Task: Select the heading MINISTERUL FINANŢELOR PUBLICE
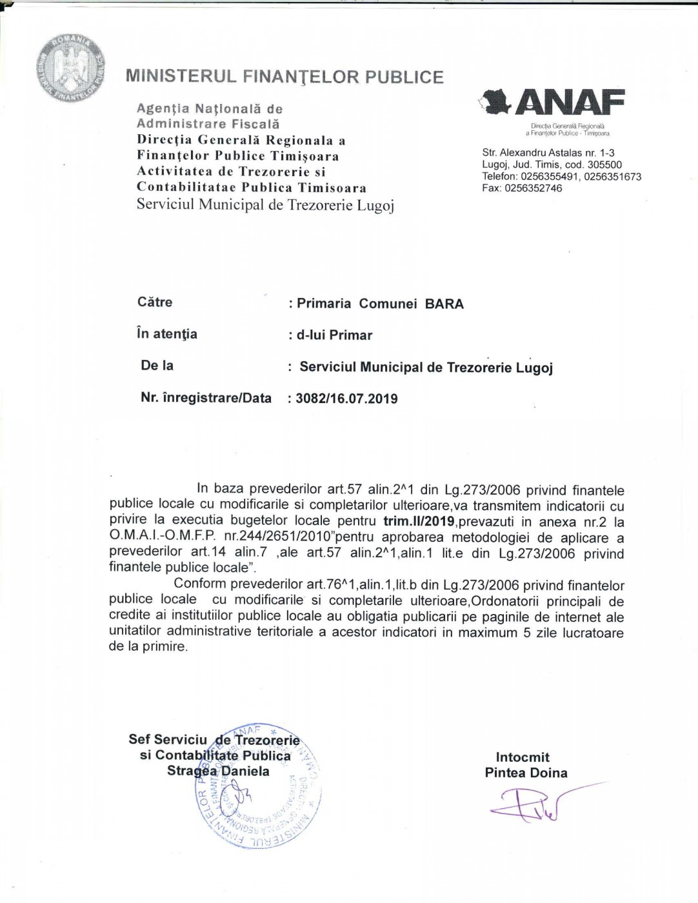tap(284, 77)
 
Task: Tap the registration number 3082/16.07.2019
tap(347, 399)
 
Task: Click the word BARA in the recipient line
tap(444, 304)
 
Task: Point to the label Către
tap(155, 302)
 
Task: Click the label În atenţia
tap(167, 334)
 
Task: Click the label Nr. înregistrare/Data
tap(206, 398)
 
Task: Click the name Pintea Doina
tap(526, 773)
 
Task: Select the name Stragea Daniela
tap(218, 771)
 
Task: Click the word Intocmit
tap(523, 757)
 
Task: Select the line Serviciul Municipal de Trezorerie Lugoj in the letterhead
tap(265, 205)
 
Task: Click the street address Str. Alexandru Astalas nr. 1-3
tap(548, 153)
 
